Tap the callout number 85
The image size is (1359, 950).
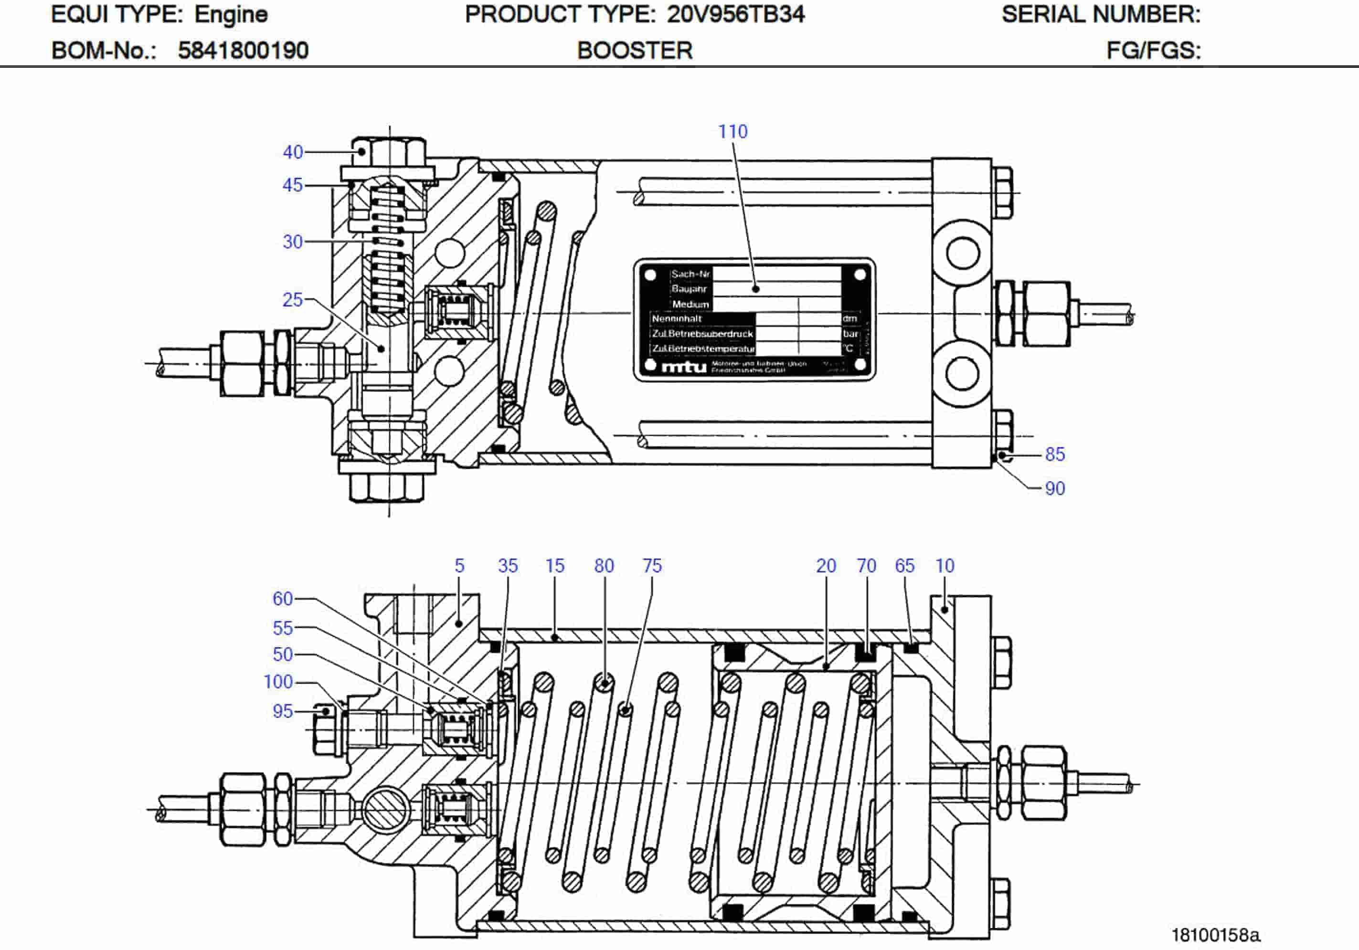pyautogui.click(x=1055, y=454)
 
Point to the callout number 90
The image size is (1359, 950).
pyautogui.click(x=1055, y=488)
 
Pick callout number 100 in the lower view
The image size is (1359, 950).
pyautogui.click(x=278, y=681)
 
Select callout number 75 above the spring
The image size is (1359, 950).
pyautogui.click(x=652, y=565)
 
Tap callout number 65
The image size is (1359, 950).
pyautogui.click(x=904, y=565)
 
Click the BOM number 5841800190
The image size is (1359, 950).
pyautogui.click(x=243, y=50)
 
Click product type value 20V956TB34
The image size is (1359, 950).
pyautogui.click(x=736, y=14)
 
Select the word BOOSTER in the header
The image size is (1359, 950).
pyautogui.click(x=635, y=50)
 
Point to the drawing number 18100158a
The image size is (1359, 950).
pyautogui.click(x=1216, y=935)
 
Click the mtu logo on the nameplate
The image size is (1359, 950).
pyautogui.click(x=684, y=367)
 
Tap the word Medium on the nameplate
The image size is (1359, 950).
pyautogui.click(x=690, y=304)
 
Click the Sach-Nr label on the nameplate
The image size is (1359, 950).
pyautogui.click(x=690, y=274)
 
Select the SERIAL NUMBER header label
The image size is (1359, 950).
pyautogui.click(x=1101, y=14)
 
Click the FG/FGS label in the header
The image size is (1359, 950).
pyautogui.click(x=1153, y=50)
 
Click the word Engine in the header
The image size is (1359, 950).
pyautogui.click(x=231, y=14)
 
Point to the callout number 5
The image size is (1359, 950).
pyautogui.click(x=459, y=565)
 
